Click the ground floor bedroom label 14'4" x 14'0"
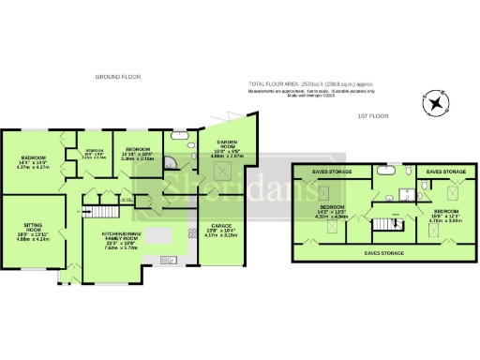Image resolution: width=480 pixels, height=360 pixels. pos(34,165)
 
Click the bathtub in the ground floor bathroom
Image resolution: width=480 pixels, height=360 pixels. pos(179,137)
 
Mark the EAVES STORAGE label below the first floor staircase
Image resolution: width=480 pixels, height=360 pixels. pos(384,253)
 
